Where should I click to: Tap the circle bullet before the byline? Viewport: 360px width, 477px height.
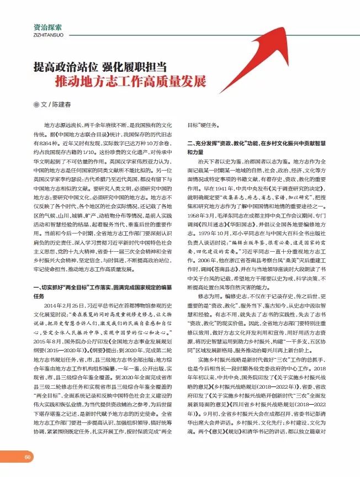coord(36,105)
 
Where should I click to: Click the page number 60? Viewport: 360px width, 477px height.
coord(27,457)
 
